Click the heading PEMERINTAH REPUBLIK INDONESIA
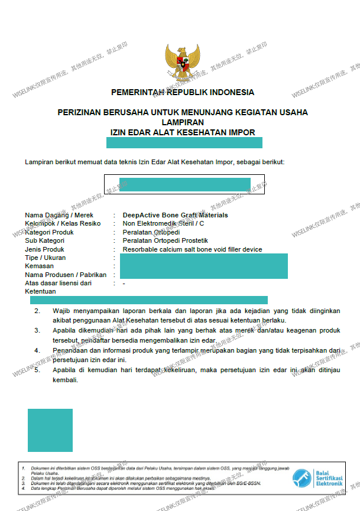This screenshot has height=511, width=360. point(183,93)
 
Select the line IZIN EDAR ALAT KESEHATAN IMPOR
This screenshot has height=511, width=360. point(183,132)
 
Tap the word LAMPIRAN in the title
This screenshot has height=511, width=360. point(183,122)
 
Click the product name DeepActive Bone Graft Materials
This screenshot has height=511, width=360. point(175,215)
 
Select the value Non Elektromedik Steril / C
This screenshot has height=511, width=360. point(163,224)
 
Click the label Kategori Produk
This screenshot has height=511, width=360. point(53,232)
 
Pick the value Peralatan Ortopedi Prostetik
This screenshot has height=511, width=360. point(165,241)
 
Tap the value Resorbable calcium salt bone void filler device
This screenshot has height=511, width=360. point(192,249)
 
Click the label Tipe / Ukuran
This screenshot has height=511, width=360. point(46,258)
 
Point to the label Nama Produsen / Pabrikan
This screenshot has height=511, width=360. point(66,275)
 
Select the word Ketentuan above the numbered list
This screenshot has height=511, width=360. point(40,292)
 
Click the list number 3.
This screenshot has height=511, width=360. point(37,330)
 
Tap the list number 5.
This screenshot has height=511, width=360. point(37,370)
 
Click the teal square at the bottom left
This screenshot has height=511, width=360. point(50,430)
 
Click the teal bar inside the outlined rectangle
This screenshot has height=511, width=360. point(185,184)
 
